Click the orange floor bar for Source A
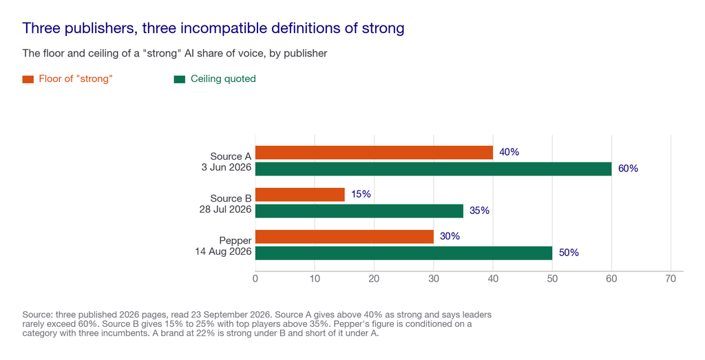(x=374, y=153)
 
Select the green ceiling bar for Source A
(x=434, y=169)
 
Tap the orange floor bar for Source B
(x=300, y=195)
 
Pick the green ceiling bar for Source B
(x=359, y=211)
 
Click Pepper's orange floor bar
(x=344, y=237)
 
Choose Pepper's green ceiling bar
(x=403, y=253)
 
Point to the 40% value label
(x=509, y=152)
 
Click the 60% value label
(x=628, y=169)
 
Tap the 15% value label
(x=361, y=194)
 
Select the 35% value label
(x=479, y=211)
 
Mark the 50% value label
(x=569, y=253)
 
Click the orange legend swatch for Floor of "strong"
(x=28, y=80)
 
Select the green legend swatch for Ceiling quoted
(x=180, y=80)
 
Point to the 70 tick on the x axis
(x=671, y=279)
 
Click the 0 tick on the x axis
(x=255, y=279)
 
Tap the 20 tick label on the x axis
(x=374, y=279)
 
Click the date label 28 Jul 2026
(x=225, y=209)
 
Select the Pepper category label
(x=235, y=241)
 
